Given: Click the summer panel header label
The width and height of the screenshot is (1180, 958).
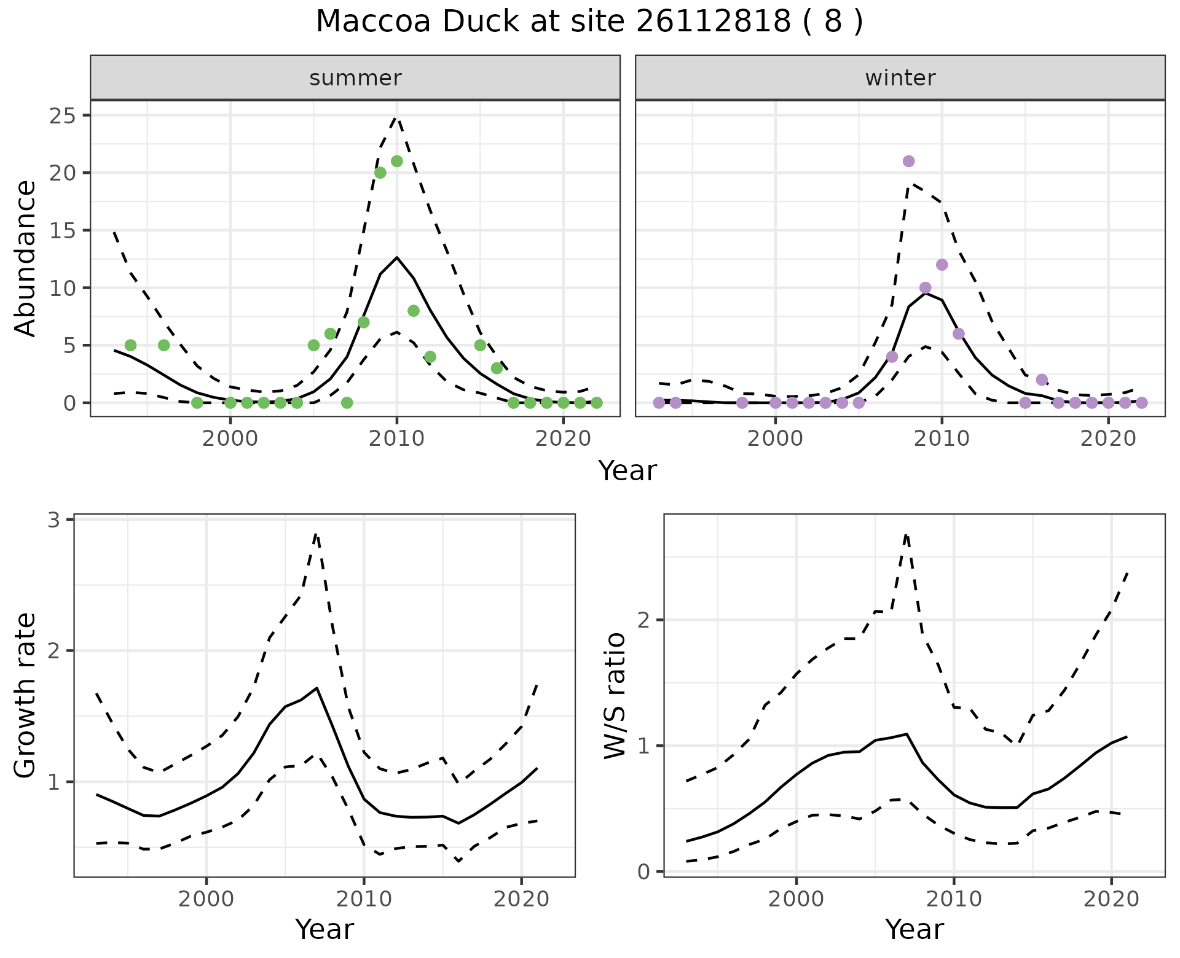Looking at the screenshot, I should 355,78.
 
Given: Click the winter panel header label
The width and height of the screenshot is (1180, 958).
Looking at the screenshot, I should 900,78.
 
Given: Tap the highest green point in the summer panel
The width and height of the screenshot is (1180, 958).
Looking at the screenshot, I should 397,161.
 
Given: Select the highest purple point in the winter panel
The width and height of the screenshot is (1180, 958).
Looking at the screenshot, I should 908,161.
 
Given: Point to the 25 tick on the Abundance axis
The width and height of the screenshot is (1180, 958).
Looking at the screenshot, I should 61,115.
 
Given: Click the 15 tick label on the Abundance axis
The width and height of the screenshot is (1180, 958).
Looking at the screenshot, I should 61,230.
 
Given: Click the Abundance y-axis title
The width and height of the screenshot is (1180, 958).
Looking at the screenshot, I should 26,259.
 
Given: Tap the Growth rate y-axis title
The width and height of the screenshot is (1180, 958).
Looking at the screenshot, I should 26,695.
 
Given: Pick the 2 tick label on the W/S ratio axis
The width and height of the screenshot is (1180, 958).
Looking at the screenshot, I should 644,620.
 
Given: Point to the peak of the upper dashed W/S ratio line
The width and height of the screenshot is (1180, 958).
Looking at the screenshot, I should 906,534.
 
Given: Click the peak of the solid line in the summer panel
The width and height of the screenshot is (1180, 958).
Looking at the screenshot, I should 397,257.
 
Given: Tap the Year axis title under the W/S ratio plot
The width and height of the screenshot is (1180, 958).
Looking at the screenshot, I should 914,929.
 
